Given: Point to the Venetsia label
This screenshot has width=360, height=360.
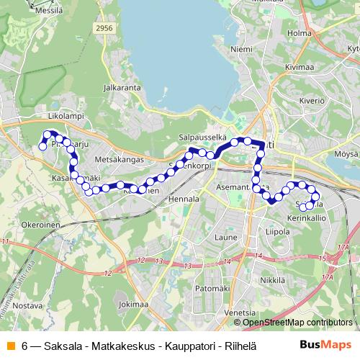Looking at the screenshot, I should pyautogui.click(x=240, y=312).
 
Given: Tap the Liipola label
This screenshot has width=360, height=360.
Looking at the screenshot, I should pyautogui.click(x=277, y=232).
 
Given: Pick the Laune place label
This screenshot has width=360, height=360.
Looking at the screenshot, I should pyautogui.click(x=225, y=235).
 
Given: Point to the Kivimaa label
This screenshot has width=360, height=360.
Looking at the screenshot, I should pyautogui.click(x=300, y=67).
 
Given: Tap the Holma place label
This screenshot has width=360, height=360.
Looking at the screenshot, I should pyautogui.click(x=299, y=32).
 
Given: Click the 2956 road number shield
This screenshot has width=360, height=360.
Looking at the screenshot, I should pyautogui.click(x=104, y=28).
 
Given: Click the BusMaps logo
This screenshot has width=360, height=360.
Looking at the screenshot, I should pyautogui.click(x=325, y=344).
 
